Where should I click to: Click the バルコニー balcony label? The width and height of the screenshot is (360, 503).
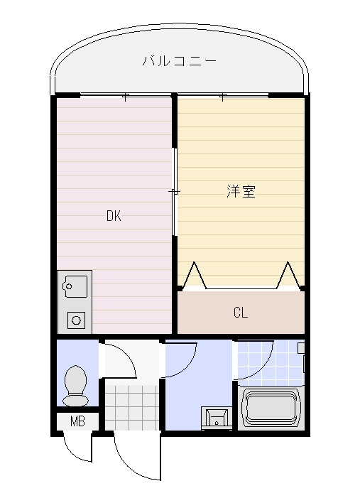click(179, 61)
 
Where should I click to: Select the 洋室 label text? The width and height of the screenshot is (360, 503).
click(241, 191)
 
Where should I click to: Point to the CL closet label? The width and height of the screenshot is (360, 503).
click(241, 312)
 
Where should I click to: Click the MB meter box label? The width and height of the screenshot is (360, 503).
click(77, 421)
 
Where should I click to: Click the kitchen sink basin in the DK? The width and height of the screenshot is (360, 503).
click(75, 287)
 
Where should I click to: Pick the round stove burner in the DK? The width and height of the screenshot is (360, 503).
click(76, 320)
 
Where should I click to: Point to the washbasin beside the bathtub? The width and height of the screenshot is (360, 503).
click(215, 416)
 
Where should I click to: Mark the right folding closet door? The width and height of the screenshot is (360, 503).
click(288, 276)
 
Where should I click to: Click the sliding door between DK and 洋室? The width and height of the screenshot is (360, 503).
click(175, 192)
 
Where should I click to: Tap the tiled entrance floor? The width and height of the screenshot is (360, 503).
click(131, 408)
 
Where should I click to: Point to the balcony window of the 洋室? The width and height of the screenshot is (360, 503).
click(223, 95)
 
